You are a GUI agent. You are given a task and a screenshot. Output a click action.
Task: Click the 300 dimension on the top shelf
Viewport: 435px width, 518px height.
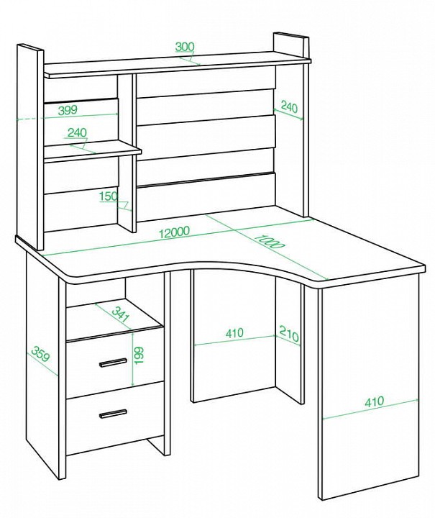click(x=185, y=47)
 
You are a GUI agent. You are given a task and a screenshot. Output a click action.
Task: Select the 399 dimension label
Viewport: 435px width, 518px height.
click(x=68, y=110)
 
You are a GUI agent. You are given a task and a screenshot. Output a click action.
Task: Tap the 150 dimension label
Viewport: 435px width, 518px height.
click(x=109, y=196)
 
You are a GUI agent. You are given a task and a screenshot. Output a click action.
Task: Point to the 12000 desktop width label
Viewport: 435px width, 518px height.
click(x=174, y=232)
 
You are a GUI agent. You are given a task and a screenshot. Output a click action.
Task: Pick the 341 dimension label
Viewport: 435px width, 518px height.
click(x=120, y=314)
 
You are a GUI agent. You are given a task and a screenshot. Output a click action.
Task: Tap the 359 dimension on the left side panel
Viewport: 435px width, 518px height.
click(x=41, y=354)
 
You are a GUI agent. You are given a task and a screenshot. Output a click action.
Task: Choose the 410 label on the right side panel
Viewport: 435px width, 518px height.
click(x=375, y=401)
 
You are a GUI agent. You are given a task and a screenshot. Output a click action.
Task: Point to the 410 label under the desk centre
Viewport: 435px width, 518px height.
click(x=234, y=332)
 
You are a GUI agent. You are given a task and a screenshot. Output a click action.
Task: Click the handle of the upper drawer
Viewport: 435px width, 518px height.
click(x=113, y=362)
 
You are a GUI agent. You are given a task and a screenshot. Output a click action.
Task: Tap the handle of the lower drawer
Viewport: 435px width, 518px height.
click(x=113, y=414)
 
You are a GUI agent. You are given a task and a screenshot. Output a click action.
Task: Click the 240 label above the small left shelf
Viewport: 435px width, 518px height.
click(x=77, y=132)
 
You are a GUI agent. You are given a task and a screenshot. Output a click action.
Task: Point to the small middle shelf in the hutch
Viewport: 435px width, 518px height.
click(x=93, y=150)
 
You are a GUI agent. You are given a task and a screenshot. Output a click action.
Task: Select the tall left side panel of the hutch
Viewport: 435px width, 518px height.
click(x=30, y=147)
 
